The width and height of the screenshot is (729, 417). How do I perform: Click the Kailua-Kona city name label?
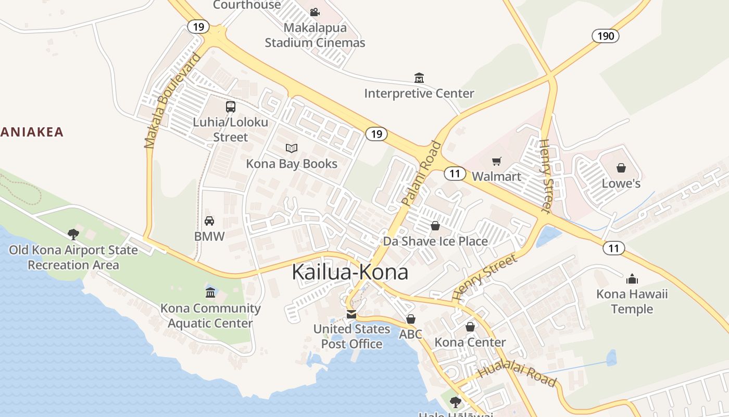coord(350,272)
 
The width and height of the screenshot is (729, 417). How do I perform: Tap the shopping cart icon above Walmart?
coord(497,161)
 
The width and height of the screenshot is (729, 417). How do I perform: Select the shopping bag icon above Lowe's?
coord(621,168)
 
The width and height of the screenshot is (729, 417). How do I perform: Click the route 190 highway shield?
coord(606,36)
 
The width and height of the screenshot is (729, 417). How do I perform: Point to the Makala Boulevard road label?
coord(172,101)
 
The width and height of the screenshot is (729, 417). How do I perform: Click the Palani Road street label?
coord(421,173)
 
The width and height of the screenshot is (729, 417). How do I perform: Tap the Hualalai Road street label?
coord(517,375)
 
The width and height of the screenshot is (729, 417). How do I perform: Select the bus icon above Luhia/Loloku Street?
coord(230,107)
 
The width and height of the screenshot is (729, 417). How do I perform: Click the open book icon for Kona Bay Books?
coord(292,148)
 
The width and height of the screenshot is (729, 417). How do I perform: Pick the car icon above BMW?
coord(209,221)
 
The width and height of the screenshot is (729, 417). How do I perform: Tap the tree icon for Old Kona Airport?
coord(73,235)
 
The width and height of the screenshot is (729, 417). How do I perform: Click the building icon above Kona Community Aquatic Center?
coord(210,292)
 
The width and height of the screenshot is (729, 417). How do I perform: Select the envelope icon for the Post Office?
coord(351,314)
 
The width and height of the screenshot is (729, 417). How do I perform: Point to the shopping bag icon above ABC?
coord(411,319)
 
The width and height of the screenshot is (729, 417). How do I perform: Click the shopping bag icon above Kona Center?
coord(470,327)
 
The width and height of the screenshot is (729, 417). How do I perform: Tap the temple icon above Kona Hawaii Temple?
coord(632,278)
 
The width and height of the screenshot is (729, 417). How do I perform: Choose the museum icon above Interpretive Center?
coord(419,78)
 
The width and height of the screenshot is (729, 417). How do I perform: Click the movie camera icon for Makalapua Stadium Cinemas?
coord(315,12)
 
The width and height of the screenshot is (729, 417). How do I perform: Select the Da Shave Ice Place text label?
coord(435,241)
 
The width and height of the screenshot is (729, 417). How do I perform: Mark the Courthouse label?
coord(247,5)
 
